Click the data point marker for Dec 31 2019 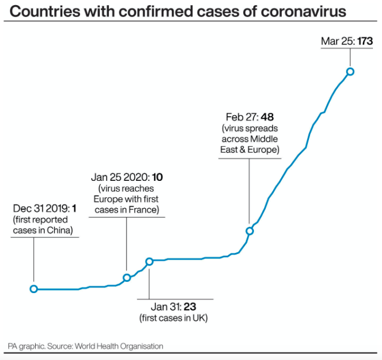point(33,289)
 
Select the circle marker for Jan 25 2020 point(127,277)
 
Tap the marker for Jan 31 point(150,261)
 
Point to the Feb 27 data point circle point(249,231)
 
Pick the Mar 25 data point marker point(350,71)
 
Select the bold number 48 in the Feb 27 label point(267,117)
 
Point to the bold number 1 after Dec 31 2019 point(74,209)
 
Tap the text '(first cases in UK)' point(173,318)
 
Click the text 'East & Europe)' point(249,150)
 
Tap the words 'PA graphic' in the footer point(26,346)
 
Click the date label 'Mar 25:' point(338,41)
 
